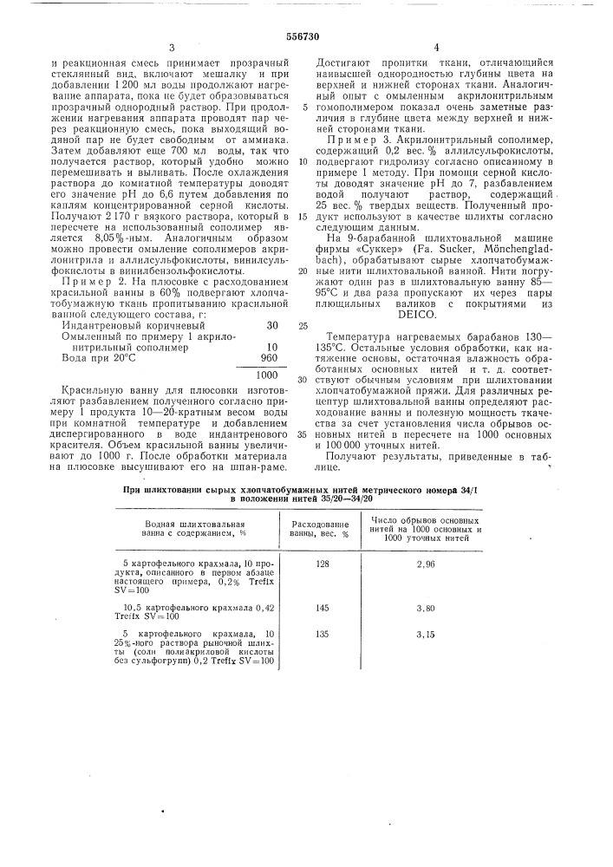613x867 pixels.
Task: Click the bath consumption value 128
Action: (323, 565)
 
